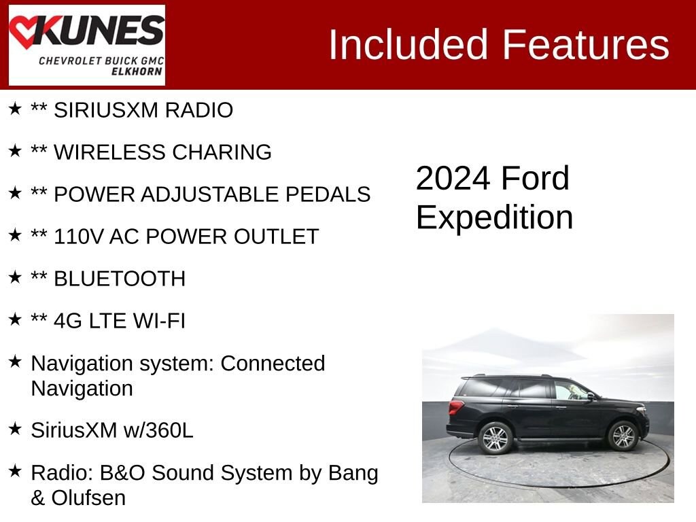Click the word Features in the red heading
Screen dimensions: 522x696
(x=586, y=45)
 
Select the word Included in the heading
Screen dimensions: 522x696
(x=408, y=45)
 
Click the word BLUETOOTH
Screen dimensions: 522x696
(x=120, y=279)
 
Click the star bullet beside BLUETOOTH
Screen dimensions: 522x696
(x=15, y=277)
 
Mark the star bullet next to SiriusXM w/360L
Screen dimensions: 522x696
(x=15, y=429)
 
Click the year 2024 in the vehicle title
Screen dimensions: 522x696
(x=453, y=179)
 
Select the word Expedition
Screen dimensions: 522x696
(x=494, y=218)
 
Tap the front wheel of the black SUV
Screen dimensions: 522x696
(x=623, y=436)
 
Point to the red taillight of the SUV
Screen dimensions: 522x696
(x=455, y=407)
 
